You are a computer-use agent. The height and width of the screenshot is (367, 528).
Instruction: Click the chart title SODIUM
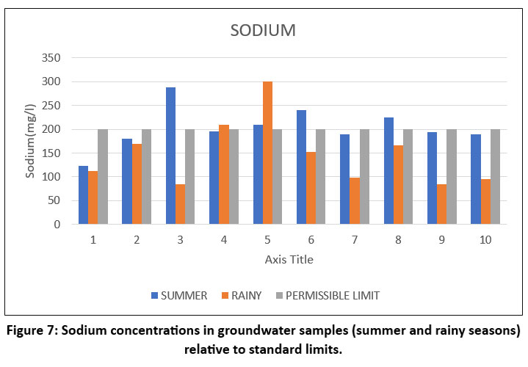coord(264,31)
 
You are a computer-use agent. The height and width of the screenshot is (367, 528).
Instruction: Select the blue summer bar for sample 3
coord(170,156)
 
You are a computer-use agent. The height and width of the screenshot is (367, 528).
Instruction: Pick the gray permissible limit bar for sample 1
coord(103,177)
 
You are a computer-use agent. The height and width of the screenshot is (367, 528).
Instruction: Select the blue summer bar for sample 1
coord(83,195)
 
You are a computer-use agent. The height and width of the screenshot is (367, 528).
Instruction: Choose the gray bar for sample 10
coord(495,177)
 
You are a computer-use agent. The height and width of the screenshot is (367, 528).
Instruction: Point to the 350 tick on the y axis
coord(51,58)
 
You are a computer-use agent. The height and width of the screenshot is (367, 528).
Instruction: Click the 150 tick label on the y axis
coord(51,153)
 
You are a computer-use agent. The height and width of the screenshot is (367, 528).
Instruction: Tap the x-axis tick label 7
coord(355,239)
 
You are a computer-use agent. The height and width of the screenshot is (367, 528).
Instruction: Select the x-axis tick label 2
coord(137,239)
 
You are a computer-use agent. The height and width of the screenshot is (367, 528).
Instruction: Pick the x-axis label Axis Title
coord(289,259)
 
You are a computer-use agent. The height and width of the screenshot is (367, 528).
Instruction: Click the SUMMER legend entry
coord(179,295)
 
